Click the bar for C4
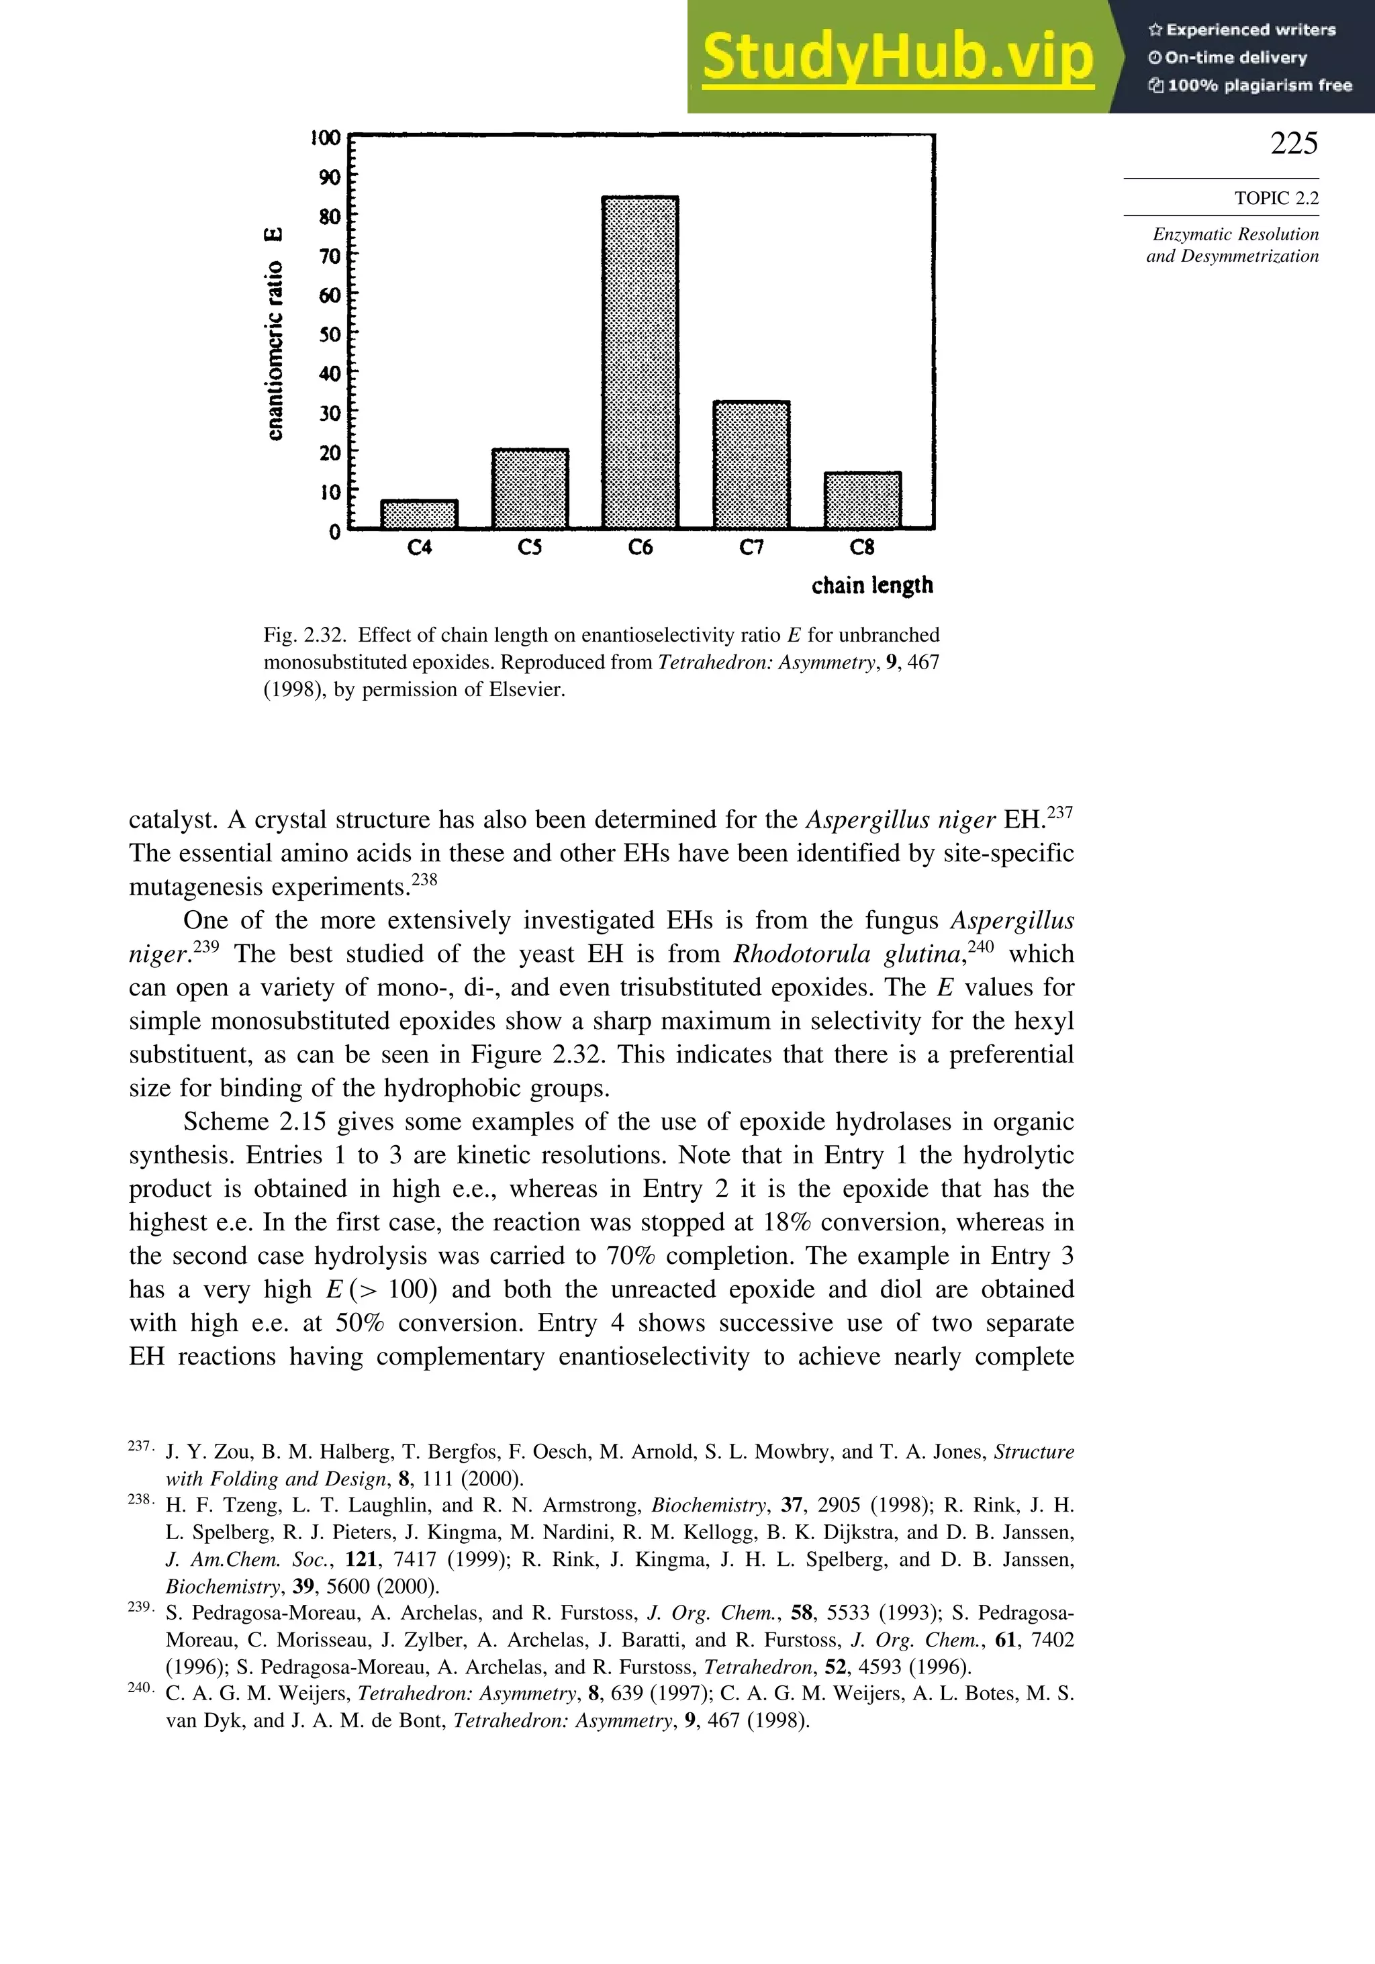click(419, 515)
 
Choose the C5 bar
click(530, 489)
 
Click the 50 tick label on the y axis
click(330, 334)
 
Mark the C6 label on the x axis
click(640, 548)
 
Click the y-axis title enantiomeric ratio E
click(274, 334)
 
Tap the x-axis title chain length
click(872, 586)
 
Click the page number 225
click(1293, 143)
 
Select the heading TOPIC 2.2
click(1276, 199)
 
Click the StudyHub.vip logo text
click(897, 57)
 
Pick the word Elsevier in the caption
click(525, 689)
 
